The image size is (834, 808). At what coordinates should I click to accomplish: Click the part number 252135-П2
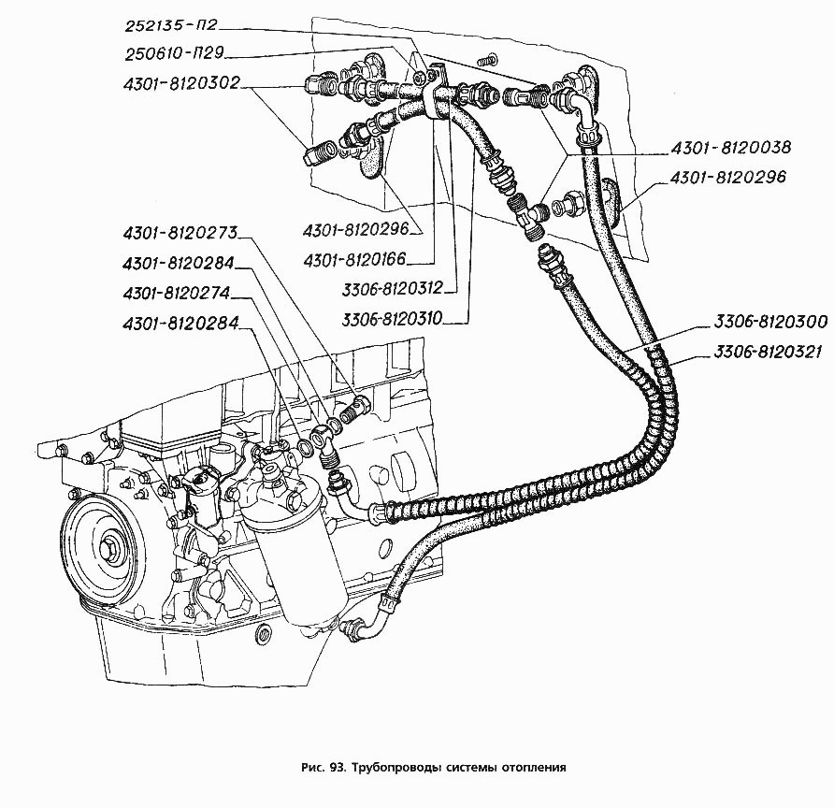click(x=171, y=25)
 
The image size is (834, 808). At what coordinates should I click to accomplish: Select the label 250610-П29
click(x=175, y=53)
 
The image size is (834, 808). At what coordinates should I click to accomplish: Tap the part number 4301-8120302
click(x=181, y=83)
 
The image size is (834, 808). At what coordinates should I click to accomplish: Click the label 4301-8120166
click(x=354, y=260)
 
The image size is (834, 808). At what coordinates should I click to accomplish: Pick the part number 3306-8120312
click(x=393, y=288)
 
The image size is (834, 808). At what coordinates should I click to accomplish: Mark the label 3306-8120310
click(x=393, y=319)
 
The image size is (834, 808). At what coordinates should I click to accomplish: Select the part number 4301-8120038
click(x=731, y=147)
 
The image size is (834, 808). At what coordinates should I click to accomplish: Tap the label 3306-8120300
click(x=770, y=322)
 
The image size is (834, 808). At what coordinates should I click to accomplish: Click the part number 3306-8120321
click(x=768, y=352)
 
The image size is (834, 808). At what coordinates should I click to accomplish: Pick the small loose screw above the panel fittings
click(x=487, y=59)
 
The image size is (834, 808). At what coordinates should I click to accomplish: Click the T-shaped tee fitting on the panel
click(x=528, y=216)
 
